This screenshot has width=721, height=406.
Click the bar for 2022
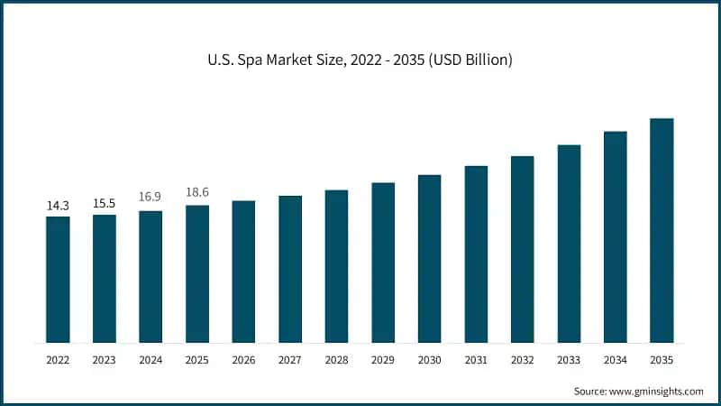(x=58, y=280)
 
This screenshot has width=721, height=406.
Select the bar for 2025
(x=197, y=274)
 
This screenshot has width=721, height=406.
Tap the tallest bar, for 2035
(x=662, y=231)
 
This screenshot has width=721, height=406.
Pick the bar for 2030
(x=429, y=259)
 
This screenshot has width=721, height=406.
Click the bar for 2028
(x=336, y=266)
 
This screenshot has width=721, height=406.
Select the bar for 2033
(x=569, y=244)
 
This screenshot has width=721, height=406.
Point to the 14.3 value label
(x=58, y=207)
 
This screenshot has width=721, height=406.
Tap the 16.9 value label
(x=151, y=197)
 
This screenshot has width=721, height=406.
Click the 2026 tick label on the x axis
(x=243, y=360)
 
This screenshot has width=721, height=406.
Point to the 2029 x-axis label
(x=383, y=360)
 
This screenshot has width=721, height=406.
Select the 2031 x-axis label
(x=476, y=360)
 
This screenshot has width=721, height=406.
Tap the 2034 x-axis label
(x=616, y=360)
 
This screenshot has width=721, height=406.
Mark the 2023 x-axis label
(x=105, y=360)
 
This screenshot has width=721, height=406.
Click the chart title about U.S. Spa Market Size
(x=360, y=60)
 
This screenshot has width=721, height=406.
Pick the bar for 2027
(x=290, y=269)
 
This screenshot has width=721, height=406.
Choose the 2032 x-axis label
(x=522, y=360)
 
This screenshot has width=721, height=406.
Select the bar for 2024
(x=151, y=277)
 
